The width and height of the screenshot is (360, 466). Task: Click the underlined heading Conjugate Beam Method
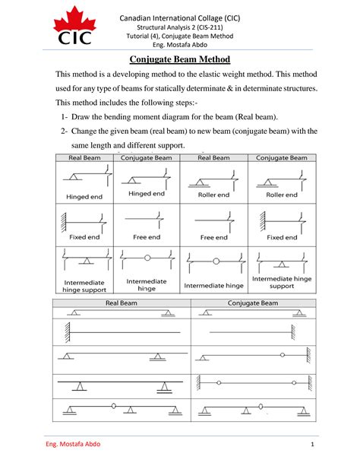point(179,59)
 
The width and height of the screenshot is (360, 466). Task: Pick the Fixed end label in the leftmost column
point(79,237)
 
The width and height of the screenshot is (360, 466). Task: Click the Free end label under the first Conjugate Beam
point(147,237)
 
